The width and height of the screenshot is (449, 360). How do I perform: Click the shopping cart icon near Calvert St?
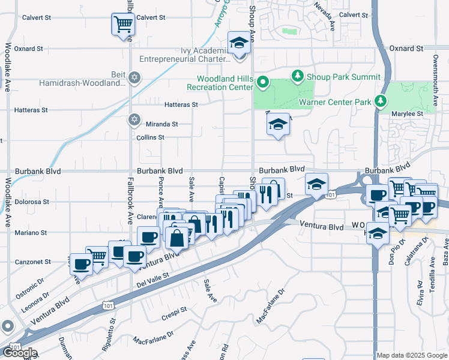(x=123, y=25)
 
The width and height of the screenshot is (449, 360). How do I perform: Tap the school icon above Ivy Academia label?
(x=240, y=44)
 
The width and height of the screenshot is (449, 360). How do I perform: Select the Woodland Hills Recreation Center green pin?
(x=262, y=82)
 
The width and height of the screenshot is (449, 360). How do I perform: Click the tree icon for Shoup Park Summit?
(x=297, y=76)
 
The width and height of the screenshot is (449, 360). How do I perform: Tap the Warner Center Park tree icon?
(x=380, y=101)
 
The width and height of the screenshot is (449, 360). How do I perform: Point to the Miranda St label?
(x=163, y=124)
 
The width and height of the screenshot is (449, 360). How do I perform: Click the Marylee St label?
(x=408, y=113)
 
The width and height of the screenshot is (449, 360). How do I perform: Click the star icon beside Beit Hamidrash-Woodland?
(x=134, y=78)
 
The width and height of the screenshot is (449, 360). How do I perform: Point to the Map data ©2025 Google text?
(x=412, y=355)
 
